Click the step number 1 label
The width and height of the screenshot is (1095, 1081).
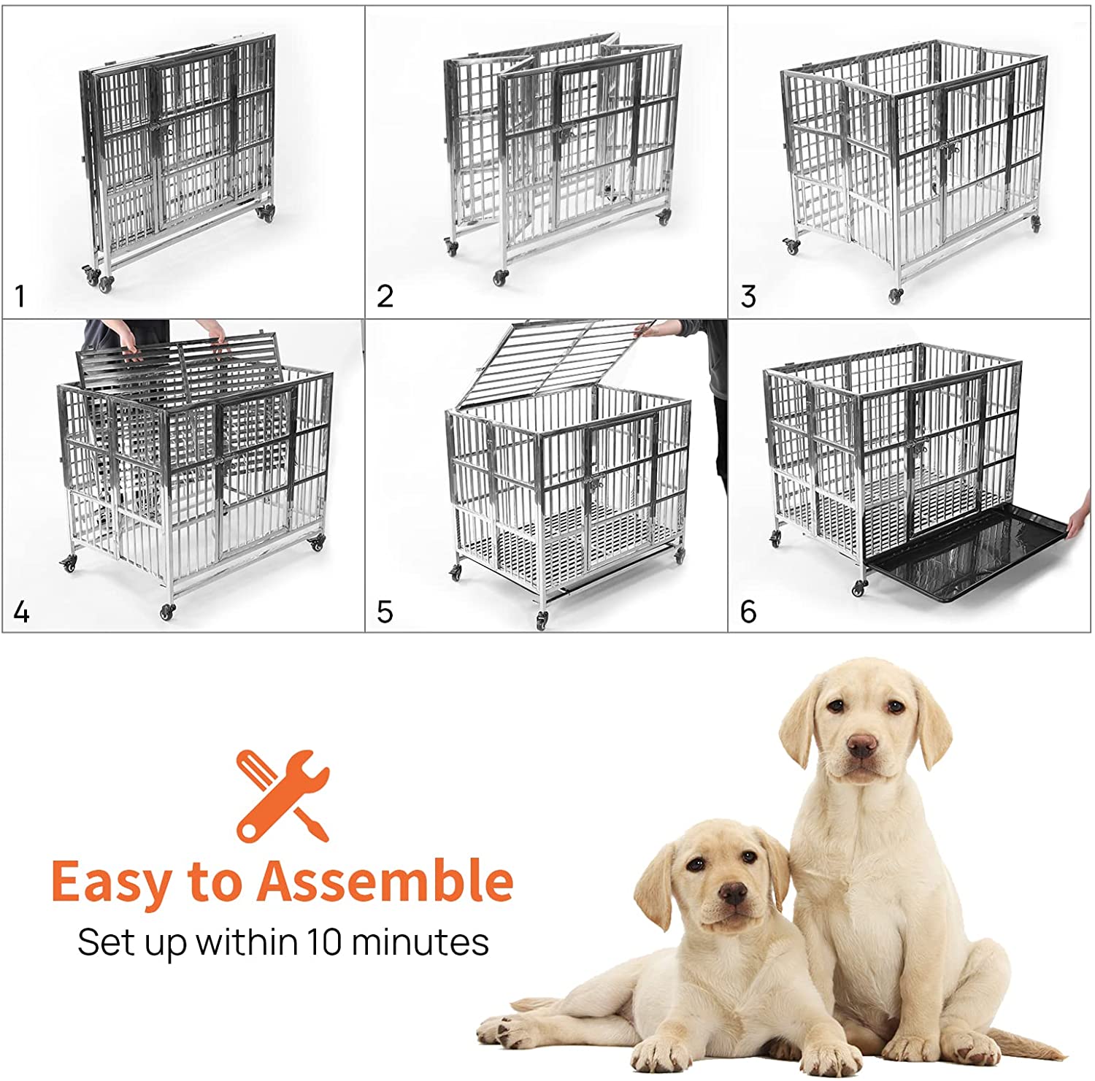20,296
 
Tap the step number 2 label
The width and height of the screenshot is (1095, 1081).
385,296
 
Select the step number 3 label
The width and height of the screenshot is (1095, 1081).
748,296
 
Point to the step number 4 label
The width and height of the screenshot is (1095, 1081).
21,611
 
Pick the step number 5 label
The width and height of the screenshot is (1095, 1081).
385,611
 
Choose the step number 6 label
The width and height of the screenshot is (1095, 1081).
748,611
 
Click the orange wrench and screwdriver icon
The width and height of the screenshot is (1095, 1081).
283,795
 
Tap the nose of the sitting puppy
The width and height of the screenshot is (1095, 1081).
862,746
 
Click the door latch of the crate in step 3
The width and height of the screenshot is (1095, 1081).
947,153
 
